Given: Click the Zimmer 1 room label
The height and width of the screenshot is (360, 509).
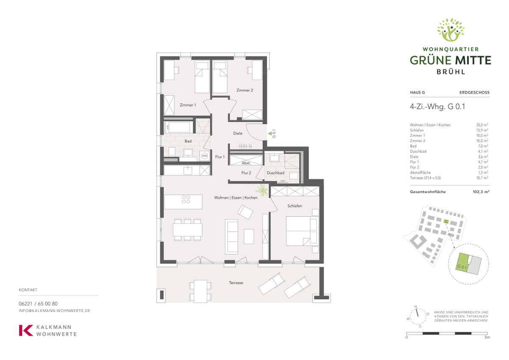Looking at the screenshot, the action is coord(187,105).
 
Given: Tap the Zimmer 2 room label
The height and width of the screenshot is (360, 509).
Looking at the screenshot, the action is coord(244,90).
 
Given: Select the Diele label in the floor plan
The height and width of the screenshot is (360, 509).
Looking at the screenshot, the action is coord(238,133).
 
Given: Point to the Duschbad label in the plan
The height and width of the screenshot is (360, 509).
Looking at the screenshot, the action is coord(275,173).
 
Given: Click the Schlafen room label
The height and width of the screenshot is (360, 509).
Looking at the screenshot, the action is coord(295,206).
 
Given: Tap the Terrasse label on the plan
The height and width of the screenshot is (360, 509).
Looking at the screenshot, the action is coord(236,283).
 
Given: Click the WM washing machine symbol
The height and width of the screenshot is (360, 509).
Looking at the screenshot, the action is coord(205,156).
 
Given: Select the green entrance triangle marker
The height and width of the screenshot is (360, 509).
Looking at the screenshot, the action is coord(270,134).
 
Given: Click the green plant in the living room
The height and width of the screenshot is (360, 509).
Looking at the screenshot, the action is coord(262,190).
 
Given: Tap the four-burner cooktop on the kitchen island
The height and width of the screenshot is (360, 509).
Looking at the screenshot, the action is coord(186,199).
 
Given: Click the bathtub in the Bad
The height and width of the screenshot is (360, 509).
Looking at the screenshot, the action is coord(179,127).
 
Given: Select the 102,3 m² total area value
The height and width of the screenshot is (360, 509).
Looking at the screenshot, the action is coord(481,192).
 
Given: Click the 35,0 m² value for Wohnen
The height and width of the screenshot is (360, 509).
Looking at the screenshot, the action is coord(482,125).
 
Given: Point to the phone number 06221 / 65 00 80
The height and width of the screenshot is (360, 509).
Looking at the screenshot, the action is coord(38,304).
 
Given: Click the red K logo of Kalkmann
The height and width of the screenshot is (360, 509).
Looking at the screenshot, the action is coord(26,330).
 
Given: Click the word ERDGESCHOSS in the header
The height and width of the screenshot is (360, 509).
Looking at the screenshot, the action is coord(475,92).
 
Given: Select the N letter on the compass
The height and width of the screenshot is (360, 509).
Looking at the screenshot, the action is coord(416,307).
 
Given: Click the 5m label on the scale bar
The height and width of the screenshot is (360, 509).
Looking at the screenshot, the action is coord(487,337).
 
